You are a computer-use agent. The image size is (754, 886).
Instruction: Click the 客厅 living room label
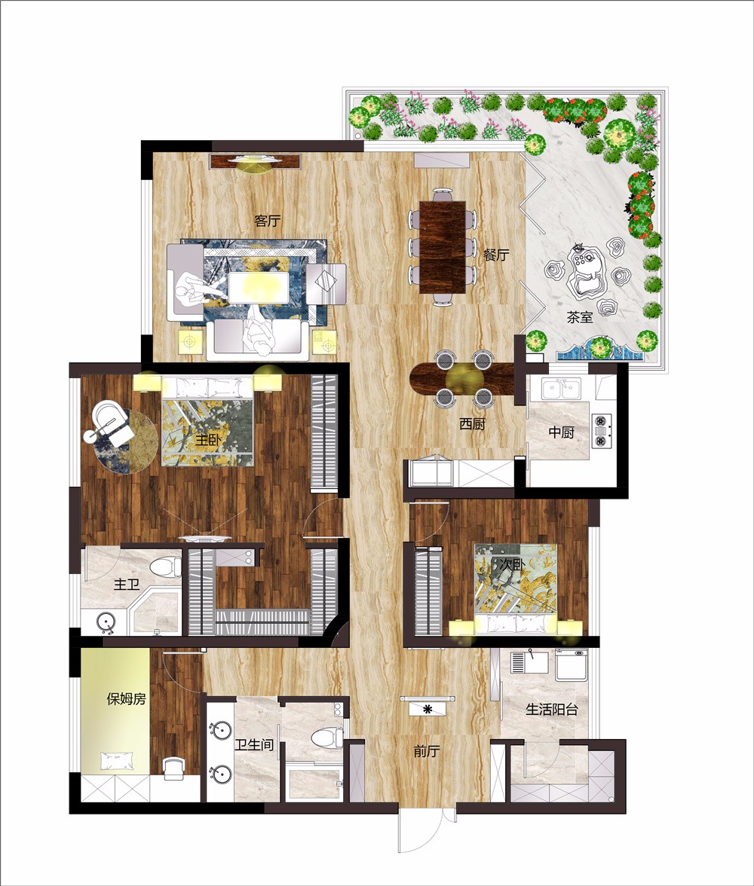point(268,220)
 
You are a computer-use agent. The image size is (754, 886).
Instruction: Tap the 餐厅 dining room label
point(496,255)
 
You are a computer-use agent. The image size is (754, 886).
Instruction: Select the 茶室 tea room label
point(580,317)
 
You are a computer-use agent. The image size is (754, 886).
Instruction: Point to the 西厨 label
point(472,423)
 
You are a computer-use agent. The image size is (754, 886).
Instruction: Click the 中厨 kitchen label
point(561,432)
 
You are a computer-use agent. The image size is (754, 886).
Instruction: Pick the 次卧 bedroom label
point(513,564)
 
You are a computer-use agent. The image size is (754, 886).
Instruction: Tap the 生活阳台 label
point(552,709)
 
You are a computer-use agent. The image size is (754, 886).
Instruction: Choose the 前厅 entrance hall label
point(427,751)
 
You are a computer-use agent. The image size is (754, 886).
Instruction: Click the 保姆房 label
point(127,699)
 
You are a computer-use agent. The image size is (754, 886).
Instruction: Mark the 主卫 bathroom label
point(127,584)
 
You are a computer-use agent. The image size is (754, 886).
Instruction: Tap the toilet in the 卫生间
point(327,737)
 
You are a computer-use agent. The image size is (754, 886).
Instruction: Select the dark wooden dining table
point(443,247)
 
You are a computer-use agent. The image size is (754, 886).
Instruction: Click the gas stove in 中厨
point(601,431)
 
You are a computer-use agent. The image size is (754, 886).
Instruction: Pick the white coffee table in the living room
point(259,287)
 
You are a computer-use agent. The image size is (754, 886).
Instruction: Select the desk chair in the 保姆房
point(174,768)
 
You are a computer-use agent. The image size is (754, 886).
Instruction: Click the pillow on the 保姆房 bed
point(118,761)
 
